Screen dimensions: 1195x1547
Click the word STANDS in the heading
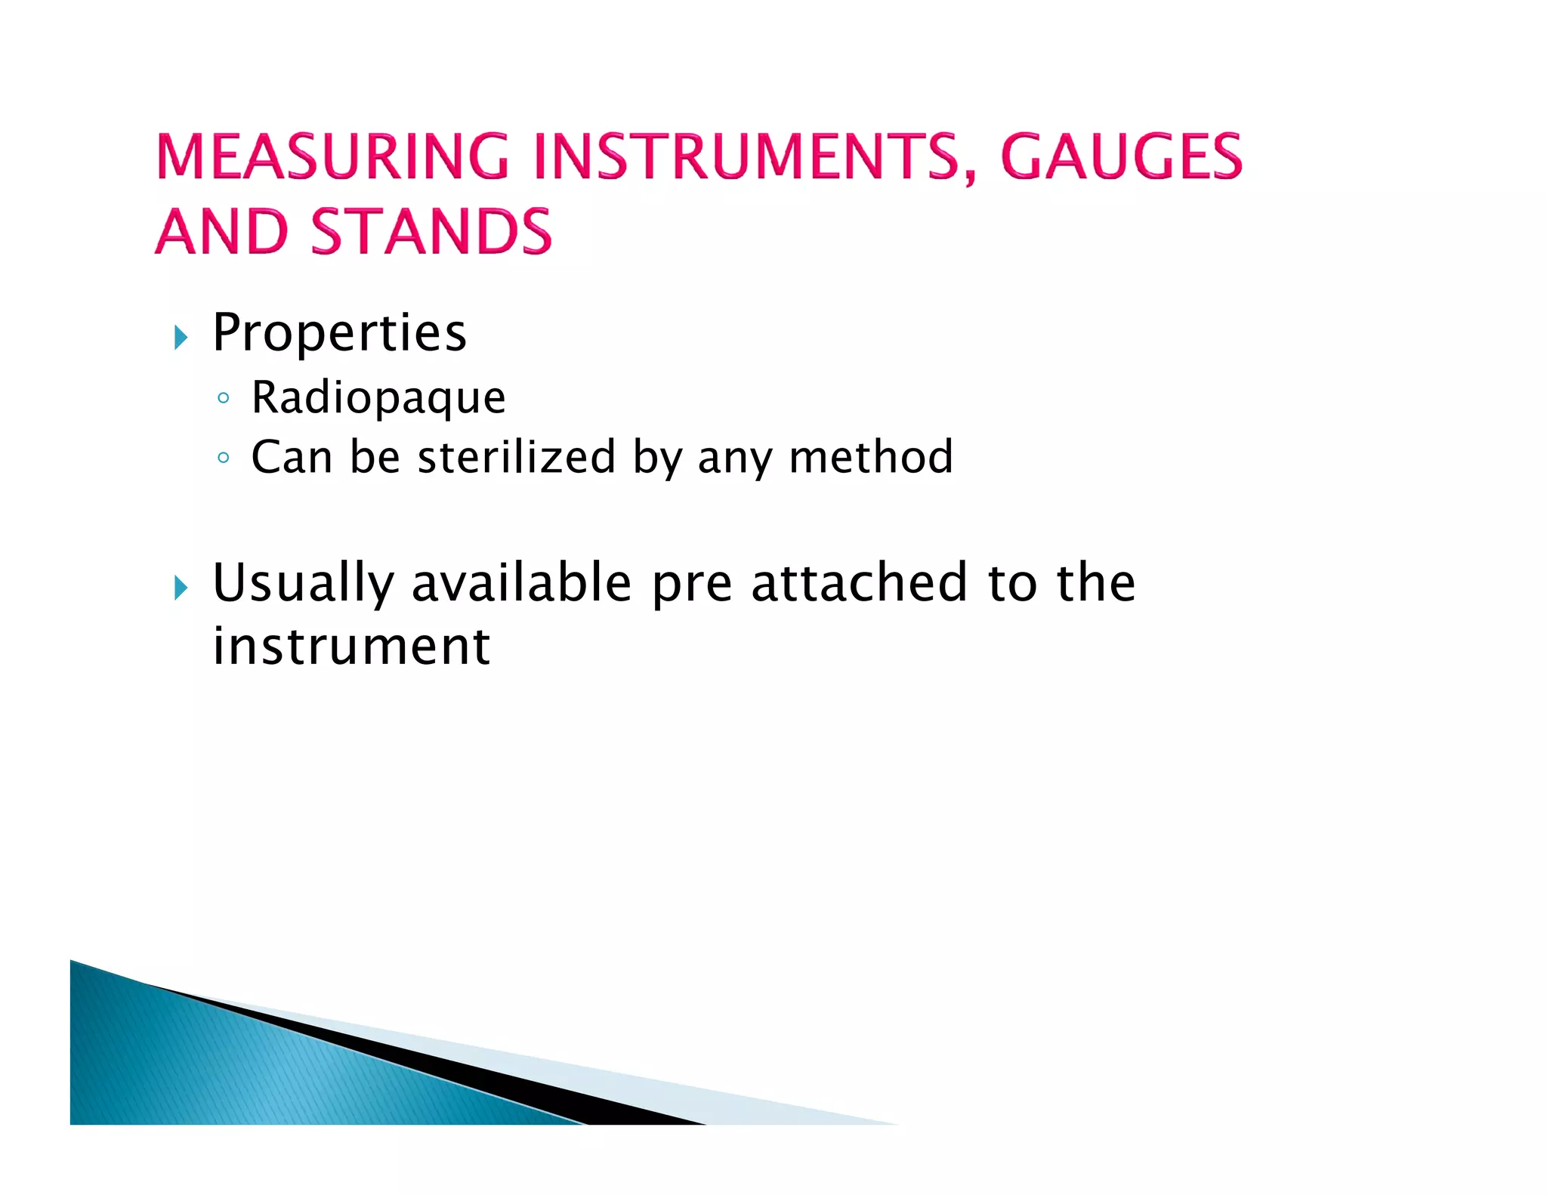(x=431, y=231)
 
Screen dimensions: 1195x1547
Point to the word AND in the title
(x=222, y=231)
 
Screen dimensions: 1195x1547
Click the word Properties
(x=339, y=333)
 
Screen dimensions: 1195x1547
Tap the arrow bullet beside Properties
(x=180, y=337)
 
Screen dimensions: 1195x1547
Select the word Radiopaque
(x=378, y=398)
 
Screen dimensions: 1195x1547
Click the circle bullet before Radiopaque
(x=223, y=398)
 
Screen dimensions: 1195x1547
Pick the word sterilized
(x=516, y=457)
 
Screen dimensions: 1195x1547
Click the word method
(x=870, y=457)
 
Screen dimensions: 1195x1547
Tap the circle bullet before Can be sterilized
(x=223, y=457)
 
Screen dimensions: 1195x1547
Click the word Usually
(x=303, y=584)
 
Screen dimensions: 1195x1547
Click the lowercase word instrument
(x=351, y=647)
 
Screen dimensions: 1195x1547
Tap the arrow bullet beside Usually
(x=180, y=587)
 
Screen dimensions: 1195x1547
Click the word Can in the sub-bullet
(x=292, y=457)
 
